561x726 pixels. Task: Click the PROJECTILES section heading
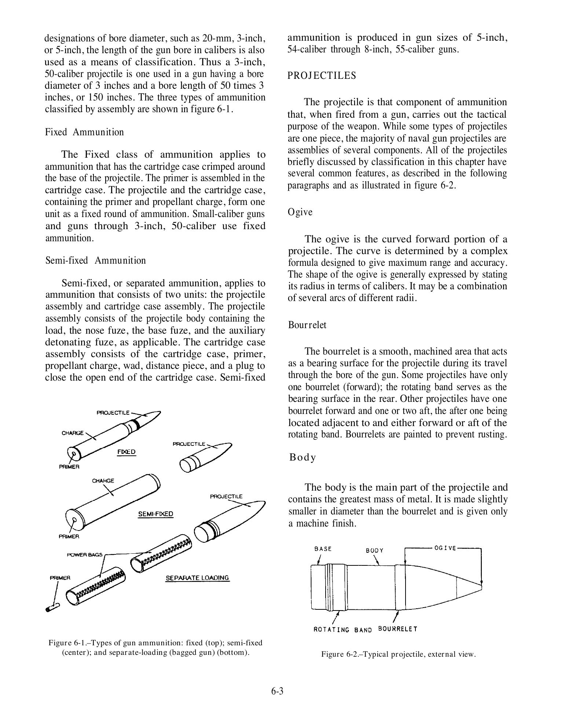(x=322, y=76)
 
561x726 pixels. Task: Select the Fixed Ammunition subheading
(x=84, y=132)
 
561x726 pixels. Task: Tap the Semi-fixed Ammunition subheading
(x=95, y=260)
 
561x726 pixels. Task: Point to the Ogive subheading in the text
(x=300, y=212)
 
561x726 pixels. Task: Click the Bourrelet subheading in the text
(x=307, y=325)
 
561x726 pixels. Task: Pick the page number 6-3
(x=278, y=692)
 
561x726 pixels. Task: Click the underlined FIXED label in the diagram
(x=126, y=452)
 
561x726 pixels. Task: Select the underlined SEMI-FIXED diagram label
(x=155, y=514)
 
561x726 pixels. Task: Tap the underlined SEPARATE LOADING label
(x=197, y=578)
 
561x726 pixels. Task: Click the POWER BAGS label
(x=85, y=555)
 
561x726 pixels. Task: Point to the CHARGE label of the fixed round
(x=73, y=433)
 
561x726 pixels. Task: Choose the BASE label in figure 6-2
(x=323, y=549)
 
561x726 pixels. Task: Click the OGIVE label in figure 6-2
(x=445, y=548)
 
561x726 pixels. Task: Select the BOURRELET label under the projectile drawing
(x=397, y=629)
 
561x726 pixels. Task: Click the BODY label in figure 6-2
(x=374, y=550)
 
